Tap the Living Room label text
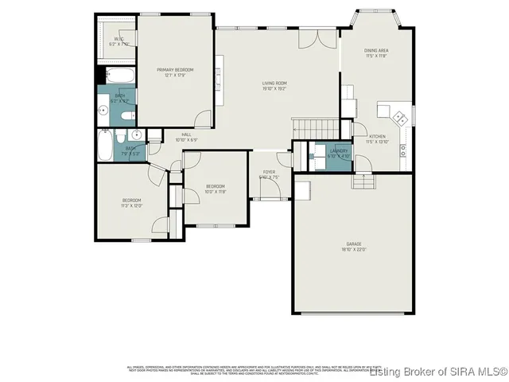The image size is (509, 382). (274, 85)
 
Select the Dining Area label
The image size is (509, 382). (376, 53)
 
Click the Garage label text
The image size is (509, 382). (354, 247)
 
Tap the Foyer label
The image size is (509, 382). (270, 174)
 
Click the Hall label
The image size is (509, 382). (186, 137)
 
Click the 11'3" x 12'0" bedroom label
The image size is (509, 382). (131, 202)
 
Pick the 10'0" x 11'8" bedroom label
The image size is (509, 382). (216, 189)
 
